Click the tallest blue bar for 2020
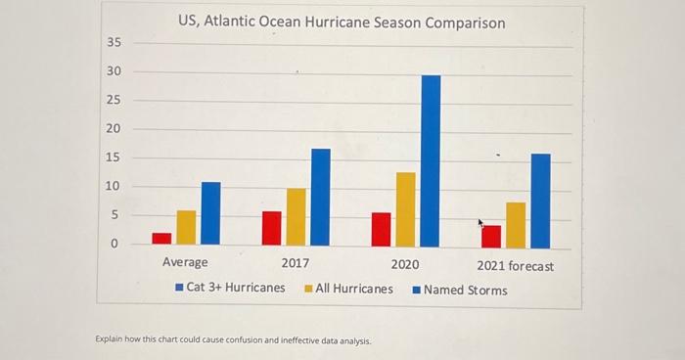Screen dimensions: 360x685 coord(431,160)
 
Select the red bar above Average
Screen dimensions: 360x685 coord(161,238)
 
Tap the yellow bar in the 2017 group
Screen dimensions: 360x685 coord(296,216)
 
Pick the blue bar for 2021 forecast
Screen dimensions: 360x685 coord(540,201)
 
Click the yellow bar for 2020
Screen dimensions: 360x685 coord(405,208)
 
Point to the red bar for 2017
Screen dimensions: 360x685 coord(272,228)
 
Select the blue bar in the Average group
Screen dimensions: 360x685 coord(210,213)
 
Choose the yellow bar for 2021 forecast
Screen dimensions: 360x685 coord(516,224)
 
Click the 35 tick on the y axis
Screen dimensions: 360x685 coord(114,43)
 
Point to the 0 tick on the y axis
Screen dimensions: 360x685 coord(114,243)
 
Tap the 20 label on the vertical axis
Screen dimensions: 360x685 coord(114,129)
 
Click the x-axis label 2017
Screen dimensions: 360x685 coord(295,264)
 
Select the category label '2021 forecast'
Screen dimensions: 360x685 coord(515,266)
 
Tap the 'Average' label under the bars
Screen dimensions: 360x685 coord(185,263)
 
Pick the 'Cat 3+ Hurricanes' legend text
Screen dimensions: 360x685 coord(235,288)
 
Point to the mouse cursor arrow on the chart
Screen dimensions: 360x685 coord(481,224)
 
